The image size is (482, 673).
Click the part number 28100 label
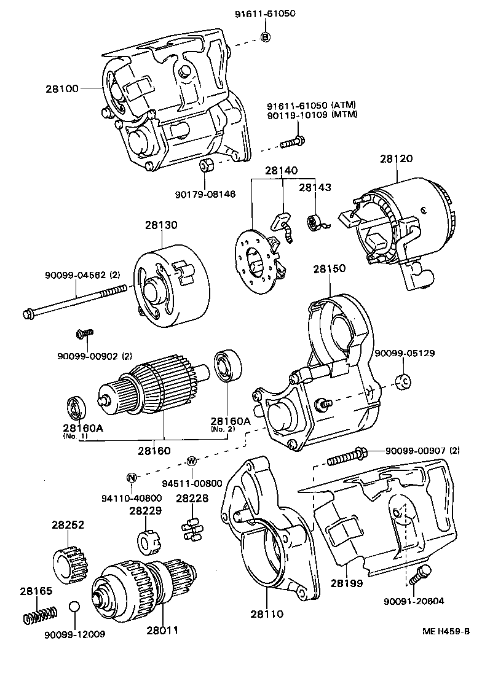coord(61,88)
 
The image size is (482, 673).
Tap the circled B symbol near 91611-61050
coord(266,37)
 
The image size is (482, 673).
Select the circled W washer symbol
coord(192,461)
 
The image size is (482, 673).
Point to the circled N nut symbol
coord(131,478)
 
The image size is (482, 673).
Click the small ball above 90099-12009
coord(74,607)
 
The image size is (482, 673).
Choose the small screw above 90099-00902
coord(83,333)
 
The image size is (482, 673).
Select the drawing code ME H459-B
coord(446,631)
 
